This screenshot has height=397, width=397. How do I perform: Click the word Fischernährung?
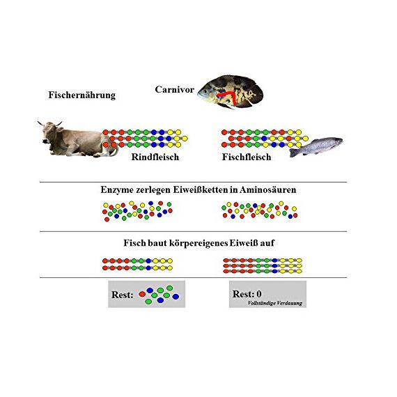click(81, 95)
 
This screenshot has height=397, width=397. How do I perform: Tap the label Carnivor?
click(174, 89)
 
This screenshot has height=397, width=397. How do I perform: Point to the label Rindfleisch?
click(155, 157)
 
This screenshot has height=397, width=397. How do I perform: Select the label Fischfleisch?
click(247, 157)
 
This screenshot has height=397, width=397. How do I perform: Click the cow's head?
click(50, 131)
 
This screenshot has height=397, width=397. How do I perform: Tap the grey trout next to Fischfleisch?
click(316, 147)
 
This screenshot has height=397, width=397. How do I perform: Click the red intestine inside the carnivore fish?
click(228, 97)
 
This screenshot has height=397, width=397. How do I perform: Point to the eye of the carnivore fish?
click(205, 91)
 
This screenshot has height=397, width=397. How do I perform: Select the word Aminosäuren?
click(267, 189)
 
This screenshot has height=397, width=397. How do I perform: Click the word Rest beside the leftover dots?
click(123, 295)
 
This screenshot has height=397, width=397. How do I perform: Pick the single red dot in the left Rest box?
click(142, 294)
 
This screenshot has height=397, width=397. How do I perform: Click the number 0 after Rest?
click(259, 294)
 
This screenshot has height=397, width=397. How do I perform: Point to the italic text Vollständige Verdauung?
click(275, 303)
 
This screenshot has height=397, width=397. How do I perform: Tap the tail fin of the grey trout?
click(294, 153)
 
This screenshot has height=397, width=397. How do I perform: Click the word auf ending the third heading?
click(268, 243)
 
